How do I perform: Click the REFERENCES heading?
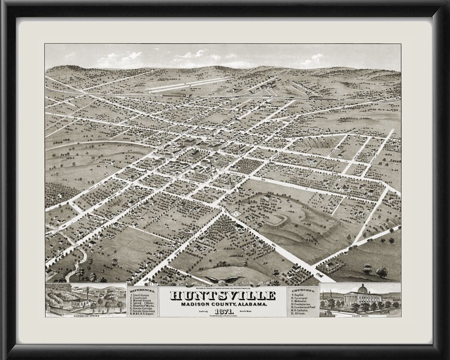click(142, 290)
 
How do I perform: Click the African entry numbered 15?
click(300, 313)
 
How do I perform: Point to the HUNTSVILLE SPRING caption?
click(86, 315)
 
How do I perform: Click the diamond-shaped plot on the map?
click(236, 214)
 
